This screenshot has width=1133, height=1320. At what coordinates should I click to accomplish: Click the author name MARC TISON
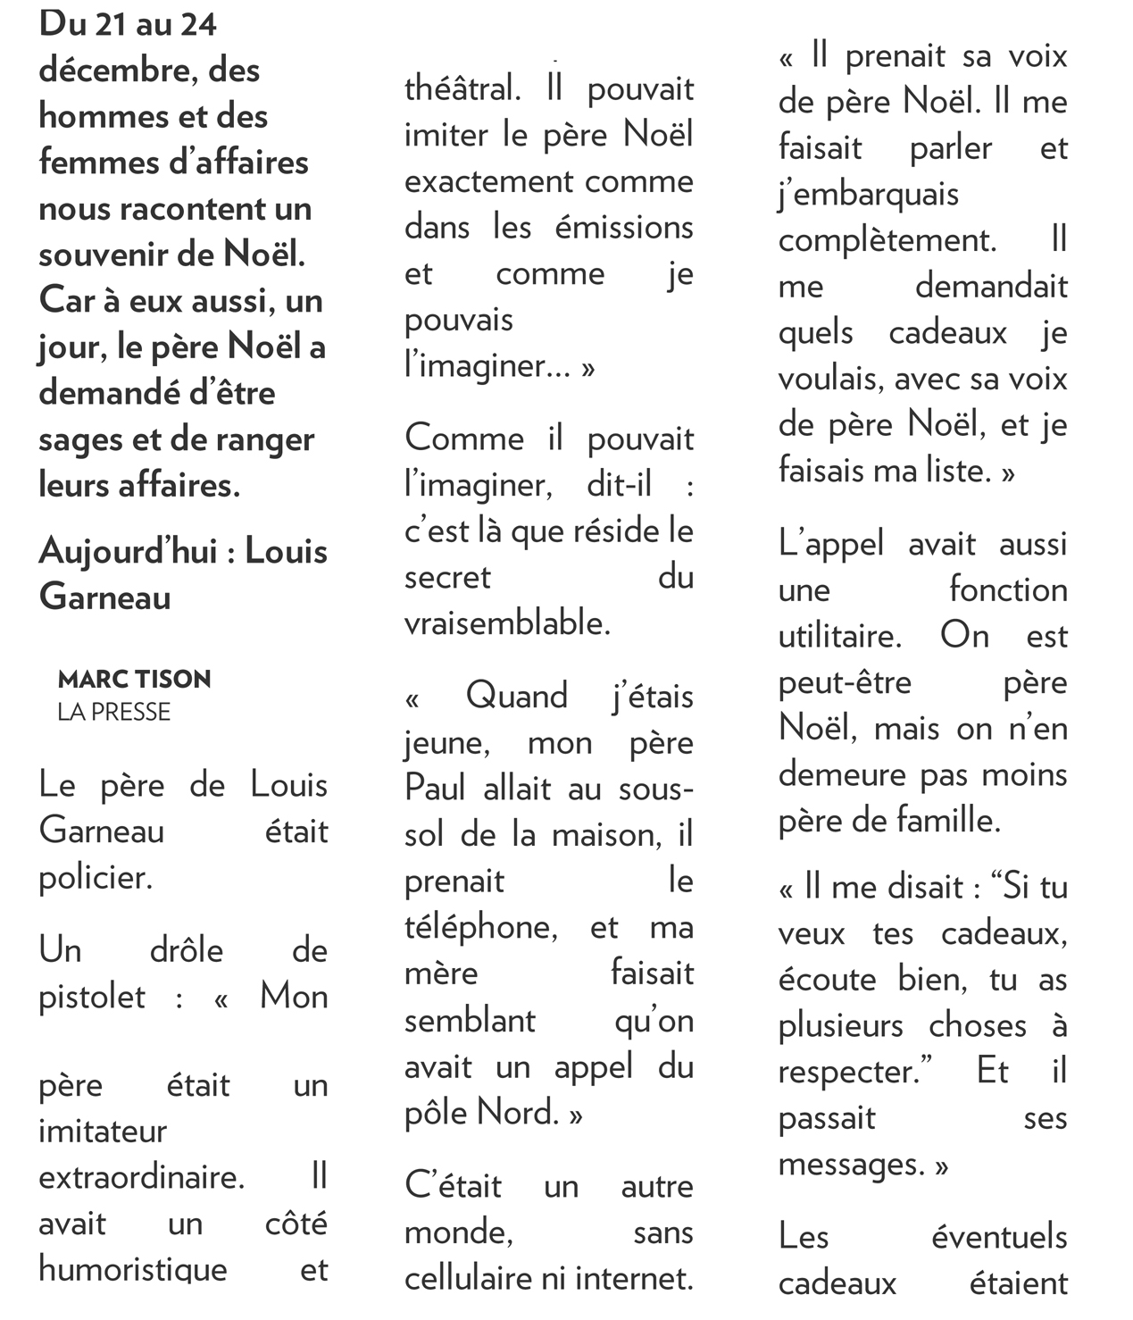click(134, 680)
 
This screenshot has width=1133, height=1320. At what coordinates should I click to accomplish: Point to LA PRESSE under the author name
click(113, 712)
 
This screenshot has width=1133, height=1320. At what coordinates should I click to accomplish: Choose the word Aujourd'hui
click(127, 552)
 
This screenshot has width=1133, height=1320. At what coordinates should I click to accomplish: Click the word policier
click(95, 879)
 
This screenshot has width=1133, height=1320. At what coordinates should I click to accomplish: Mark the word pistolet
click(91, 997)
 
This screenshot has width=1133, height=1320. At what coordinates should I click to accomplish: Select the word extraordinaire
click(140, 1177)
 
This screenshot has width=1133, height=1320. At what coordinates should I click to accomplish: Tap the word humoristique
click(132, 1270)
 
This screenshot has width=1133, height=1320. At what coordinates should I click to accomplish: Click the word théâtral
click(461, 89)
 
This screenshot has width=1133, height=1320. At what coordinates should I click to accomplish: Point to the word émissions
click(623, 228)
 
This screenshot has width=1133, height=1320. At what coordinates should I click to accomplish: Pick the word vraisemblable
click(506, 623)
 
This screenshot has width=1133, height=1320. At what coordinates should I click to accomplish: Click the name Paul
click(435, 789)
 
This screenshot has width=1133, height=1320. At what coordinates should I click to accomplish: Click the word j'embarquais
click(868, 195)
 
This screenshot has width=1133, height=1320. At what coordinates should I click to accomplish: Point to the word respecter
click(848, 1072)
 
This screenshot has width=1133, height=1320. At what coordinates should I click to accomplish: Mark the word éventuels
click(998, 1238)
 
